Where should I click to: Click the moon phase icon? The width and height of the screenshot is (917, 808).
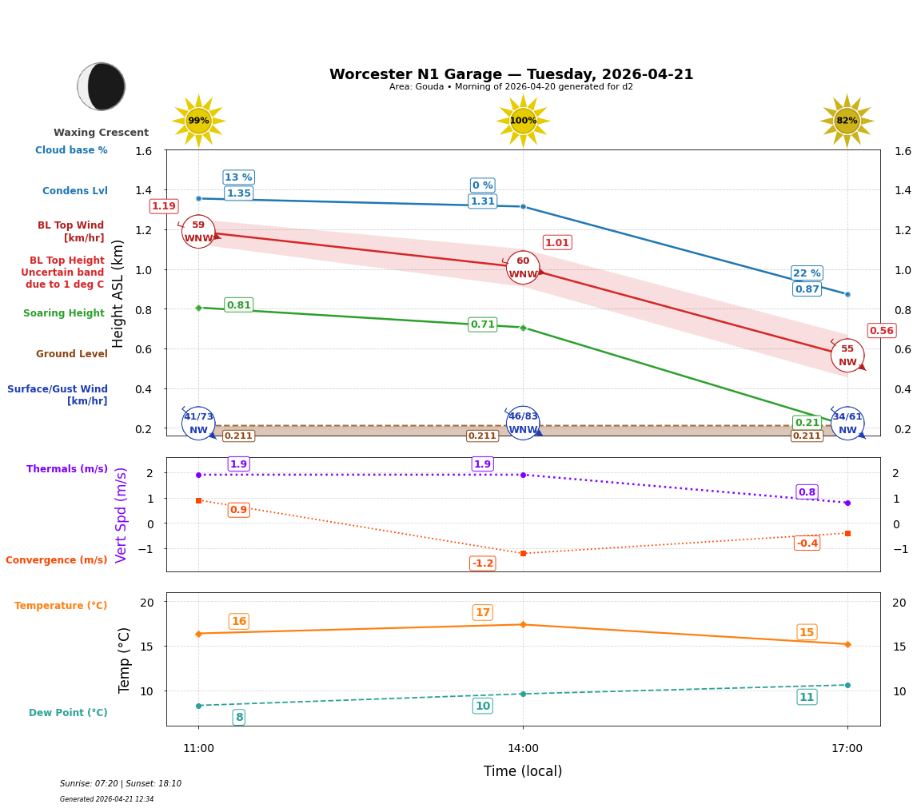102,86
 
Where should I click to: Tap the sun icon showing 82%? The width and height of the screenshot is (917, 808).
847,121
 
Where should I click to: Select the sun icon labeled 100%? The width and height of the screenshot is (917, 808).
523,121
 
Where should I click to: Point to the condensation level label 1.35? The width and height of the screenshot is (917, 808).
239,193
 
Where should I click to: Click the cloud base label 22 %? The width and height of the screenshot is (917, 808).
807,273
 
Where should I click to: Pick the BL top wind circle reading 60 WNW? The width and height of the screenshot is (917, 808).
523,268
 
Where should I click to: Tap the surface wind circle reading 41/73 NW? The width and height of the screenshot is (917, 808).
198,424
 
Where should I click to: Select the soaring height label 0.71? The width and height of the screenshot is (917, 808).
483,324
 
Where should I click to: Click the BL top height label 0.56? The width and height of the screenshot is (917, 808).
882,331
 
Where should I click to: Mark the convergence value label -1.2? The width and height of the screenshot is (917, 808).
483,563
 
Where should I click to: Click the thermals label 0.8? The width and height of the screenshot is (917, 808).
807,492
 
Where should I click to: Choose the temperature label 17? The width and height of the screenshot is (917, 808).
483,613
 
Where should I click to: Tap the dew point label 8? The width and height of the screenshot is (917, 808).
239,718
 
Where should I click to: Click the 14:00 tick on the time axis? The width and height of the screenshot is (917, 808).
523,749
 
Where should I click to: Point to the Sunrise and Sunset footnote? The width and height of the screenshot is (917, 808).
121,784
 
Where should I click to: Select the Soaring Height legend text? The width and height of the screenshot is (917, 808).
64,313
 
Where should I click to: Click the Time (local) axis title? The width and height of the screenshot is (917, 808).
523,771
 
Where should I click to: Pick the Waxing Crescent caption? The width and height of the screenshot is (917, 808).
101,133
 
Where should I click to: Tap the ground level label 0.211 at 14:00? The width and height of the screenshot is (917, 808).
483,436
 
